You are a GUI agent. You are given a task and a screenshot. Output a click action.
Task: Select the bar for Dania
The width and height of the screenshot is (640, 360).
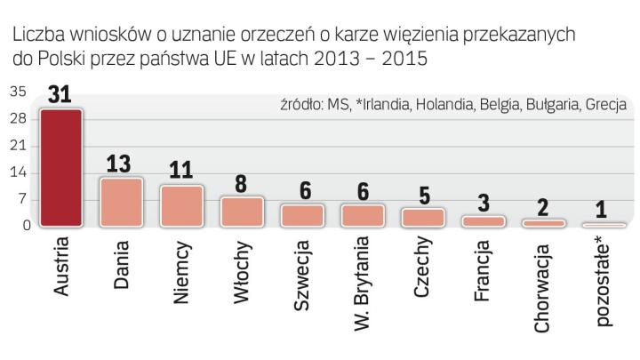click(121, 204)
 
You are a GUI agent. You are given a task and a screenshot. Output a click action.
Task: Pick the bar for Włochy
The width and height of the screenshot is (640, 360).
click(242, 212)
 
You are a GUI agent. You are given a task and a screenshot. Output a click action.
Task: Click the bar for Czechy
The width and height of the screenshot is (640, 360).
click(423, 218)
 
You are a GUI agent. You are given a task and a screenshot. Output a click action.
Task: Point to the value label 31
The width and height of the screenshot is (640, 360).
click(60, 95)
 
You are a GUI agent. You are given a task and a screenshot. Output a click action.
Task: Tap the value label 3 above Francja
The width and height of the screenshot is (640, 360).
click(484, 203)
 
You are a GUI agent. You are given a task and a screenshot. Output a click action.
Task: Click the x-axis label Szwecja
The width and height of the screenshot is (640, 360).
click(302, 275)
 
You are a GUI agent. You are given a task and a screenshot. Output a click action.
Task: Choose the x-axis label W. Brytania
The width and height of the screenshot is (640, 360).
click(363, 283)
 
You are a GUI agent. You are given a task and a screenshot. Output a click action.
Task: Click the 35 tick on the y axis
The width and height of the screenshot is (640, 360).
click(18, 91)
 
